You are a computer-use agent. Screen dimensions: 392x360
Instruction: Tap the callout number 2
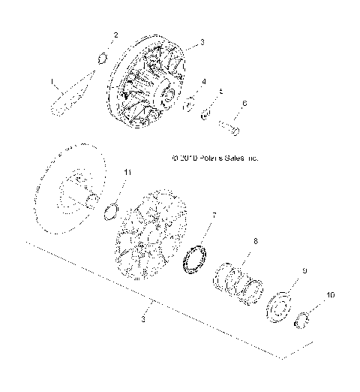click(x=115, y=35)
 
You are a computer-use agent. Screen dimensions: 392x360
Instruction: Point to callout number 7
click(x=214, y=216)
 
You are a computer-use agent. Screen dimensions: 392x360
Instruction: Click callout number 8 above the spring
click(x=255, y=241)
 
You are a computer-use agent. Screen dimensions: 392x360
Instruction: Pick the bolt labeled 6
click(x=230, y=128)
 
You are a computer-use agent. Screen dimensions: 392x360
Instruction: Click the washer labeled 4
click(x=190, y=102)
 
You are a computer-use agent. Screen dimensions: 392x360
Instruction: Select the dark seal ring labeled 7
click(x=196, y=256)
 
